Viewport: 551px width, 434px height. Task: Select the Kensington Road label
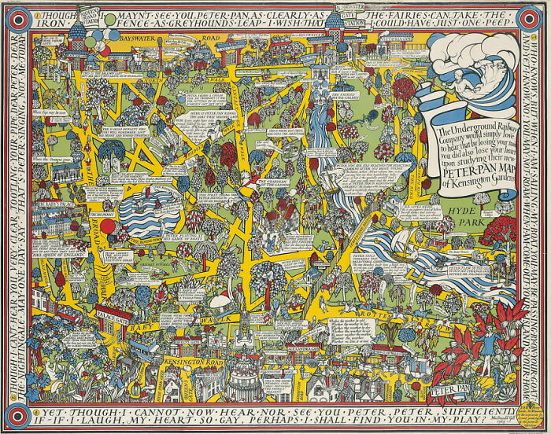tap(188, 364)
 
